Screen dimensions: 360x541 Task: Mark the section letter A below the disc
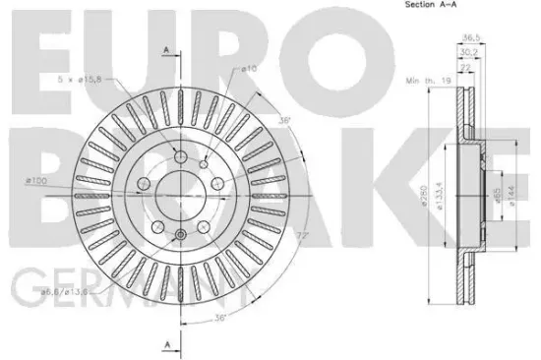(x=168, y=342)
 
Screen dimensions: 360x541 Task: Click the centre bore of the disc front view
(x=179, y=188)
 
